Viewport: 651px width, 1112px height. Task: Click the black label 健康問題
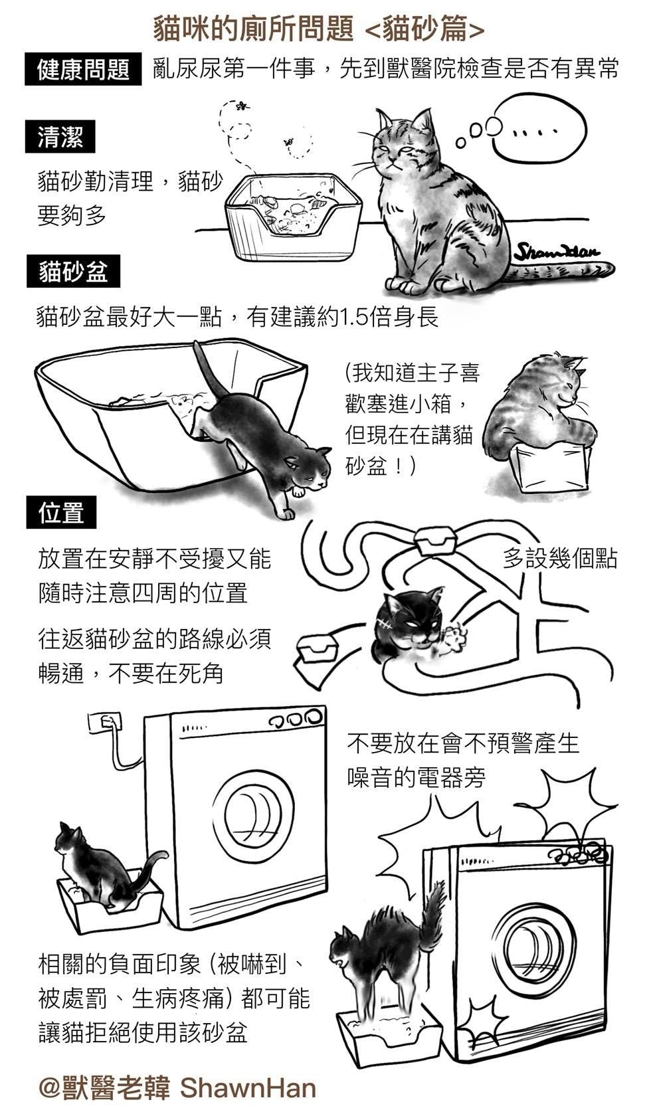(83, 70)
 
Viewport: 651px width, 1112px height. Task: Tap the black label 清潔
(60, 137)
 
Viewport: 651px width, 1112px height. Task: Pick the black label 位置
(60, 512)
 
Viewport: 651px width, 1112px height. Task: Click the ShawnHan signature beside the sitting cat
(556, 252)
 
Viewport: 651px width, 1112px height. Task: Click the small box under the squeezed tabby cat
(551, 466)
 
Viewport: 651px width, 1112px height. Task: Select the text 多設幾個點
(559, 559)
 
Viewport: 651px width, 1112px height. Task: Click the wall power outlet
(105, 723)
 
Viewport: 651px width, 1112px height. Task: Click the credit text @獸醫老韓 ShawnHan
(177, 1088)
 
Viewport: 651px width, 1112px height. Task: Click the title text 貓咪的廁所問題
(253, 29)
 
